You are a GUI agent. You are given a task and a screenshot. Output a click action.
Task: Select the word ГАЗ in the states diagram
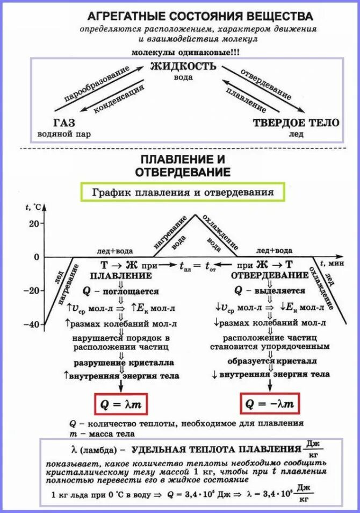(64, 122)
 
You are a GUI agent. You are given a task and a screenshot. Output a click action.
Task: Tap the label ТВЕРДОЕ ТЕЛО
(296, 123)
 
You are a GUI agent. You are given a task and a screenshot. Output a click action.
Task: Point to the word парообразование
(97, 84)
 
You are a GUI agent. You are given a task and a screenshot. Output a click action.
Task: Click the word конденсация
(119, 99)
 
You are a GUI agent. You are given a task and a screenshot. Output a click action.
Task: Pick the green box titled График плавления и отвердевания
(183, 192)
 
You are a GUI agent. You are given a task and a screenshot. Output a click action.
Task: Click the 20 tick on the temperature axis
(34, 223)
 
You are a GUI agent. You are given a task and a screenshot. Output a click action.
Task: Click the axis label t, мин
(332, 263)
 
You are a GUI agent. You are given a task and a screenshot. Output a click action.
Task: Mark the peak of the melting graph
(195, 215)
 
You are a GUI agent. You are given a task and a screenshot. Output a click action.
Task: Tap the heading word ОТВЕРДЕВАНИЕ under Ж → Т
(270, 275)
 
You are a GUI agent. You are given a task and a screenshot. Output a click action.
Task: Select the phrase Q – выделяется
(269, 291)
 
